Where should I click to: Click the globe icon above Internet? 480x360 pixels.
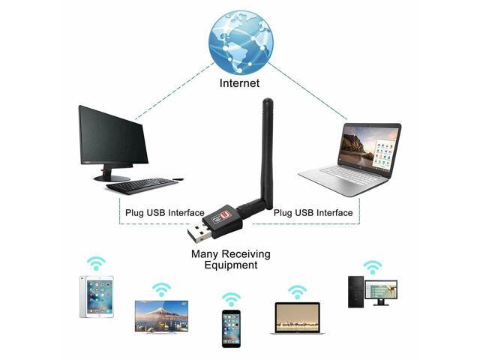pos(241,39)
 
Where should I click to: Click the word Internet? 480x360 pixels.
pos(240,83)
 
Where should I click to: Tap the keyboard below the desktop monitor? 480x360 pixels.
pos(142,185)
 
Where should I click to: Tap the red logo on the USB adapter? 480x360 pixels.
pos(229,214)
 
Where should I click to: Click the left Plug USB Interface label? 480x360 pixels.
pos(165,212)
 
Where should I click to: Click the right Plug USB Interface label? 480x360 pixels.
pos(313,212)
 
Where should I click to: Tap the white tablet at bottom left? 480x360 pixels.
pos(97,297)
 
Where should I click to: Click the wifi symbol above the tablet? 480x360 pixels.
pos(95,263)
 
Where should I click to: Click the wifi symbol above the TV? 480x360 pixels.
pos(161,289)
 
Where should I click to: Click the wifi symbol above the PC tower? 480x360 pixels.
pos(373,267)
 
